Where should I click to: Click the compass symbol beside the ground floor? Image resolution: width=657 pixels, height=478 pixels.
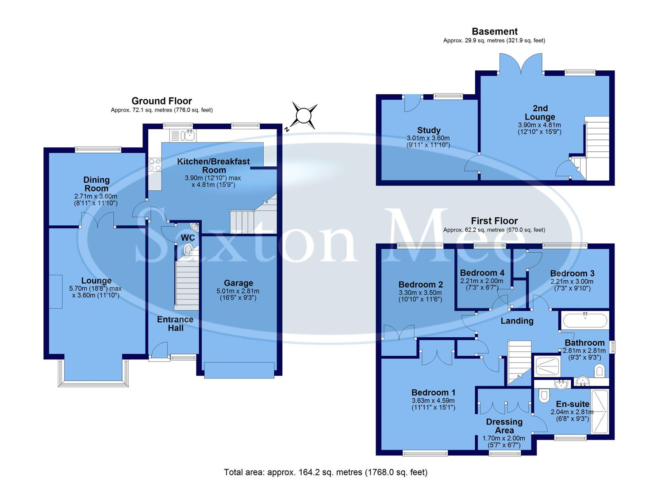(304, 116)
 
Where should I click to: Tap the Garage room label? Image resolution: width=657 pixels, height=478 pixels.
(238, 283)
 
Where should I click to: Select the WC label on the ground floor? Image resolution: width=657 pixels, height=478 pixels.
(188, 238)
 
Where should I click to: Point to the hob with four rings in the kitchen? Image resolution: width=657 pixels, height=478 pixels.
(155, 165)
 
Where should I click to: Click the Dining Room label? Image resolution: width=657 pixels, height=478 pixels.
(96, 184)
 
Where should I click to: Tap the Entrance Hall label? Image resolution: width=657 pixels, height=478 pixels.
(175, 324)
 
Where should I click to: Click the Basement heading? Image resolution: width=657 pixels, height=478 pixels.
(494, 31)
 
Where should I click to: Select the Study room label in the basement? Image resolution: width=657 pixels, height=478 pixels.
(429, 130)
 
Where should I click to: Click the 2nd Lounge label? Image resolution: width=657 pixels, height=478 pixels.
(540, 112)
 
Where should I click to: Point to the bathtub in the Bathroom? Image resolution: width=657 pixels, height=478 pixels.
(584, 320)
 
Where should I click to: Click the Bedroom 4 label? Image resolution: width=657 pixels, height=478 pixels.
(482, 273)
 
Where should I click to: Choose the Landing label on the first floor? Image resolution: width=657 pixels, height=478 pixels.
(517, 321)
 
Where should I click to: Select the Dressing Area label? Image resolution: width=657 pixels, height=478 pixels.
(504, 426)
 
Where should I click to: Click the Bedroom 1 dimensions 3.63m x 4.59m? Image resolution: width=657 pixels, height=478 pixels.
(433, 401)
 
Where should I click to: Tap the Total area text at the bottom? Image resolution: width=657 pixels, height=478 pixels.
(326, 472)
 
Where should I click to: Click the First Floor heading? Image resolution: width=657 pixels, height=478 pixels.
(494, 221)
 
